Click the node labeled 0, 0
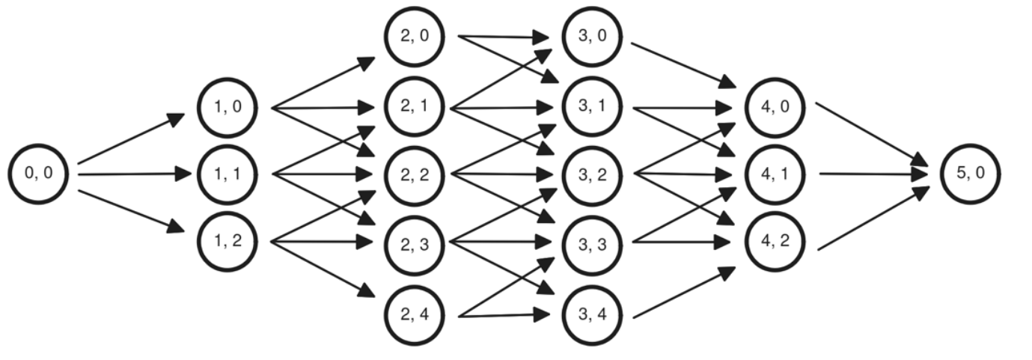pyautogui.click(x=38, y=174)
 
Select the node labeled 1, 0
pyautogui.click(x=228, y=108)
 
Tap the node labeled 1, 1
pyautogui.click(x=228, y=174)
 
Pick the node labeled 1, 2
pyautogui.click(x=228, y=241)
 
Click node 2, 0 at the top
pyautogui.click(x=415, y=37)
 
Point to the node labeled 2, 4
pyautogui.click(x=415, y=314)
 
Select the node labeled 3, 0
pyautogui.click(x=591, y=37)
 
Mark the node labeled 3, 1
pyautogui.click(x=591, y=108)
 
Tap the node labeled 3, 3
pyautogui.click(x=591, y=244)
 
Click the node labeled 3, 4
pyautogui.click(x=591, y=314)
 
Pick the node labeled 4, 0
pyautogui.click(x=776, y=107)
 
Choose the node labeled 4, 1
pyautogui.click(x=776, y=174)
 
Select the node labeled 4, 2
pyautogui.click(x=776, y=241)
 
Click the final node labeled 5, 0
pyautogui.click(x=970, y=174)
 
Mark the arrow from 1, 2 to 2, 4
pyautogui.click(x=322, y=268)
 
